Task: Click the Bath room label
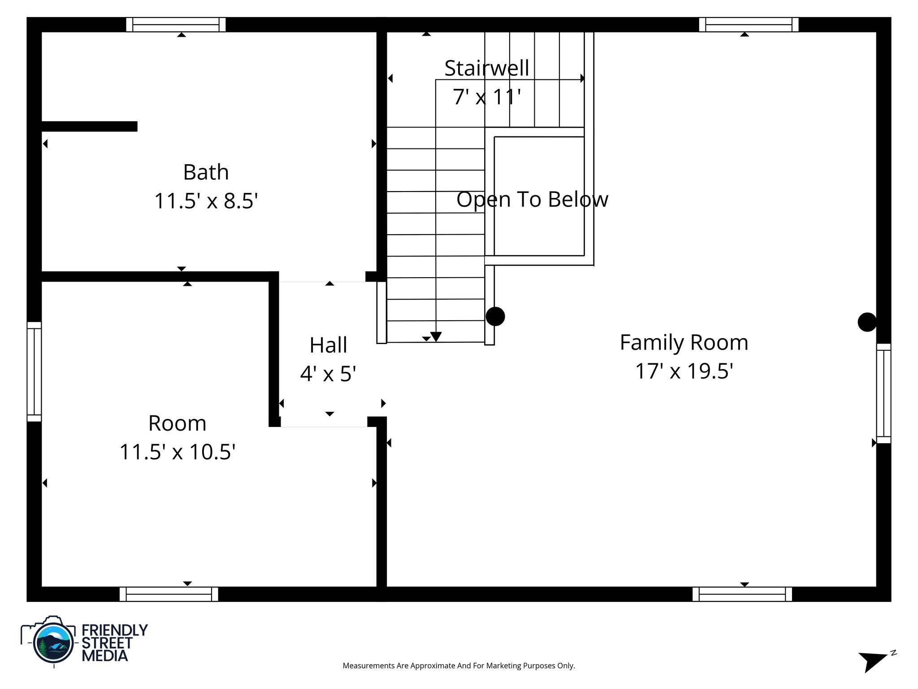[206, 172]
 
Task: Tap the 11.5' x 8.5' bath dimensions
[206, 201]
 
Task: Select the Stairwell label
[487, 68]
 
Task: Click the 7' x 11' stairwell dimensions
[487, 97]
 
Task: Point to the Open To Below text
[532, 199]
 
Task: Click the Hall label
[328, 345]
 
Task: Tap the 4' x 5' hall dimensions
[328, 374]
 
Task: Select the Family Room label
[684, 342]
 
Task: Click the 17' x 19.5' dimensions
[684, 371]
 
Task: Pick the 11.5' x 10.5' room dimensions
[178, 452]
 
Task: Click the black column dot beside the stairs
[495, 316]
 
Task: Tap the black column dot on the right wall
[867, 322]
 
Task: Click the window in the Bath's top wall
[176, 25]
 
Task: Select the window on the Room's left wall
[34, 371]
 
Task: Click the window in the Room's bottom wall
[169, 594]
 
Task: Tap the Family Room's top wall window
[749, 25]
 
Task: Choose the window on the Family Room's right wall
[883, 393]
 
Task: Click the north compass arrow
[872, 661]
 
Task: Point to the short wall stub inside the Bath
[89, 126]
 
